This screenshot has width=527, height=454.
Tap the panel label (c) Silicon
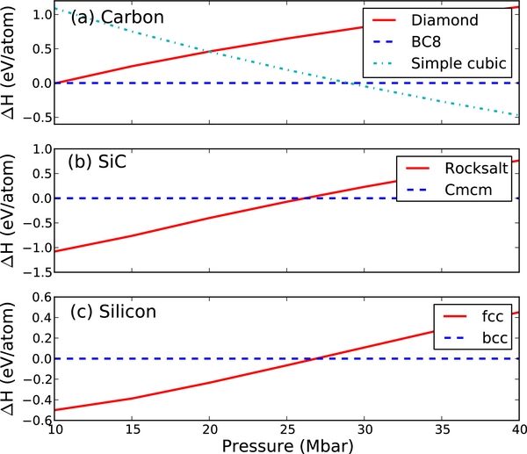click(110, 312)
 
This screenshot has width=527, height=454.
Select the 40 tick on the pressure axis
click(518, 428)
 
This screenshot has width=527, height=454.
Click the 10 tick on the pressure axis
click(54, 428)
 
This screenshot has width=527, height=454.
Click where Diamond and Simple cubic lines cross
click(212, 52)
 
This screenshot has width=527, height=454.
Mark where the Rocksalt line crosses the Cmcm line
click(302, 198)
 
